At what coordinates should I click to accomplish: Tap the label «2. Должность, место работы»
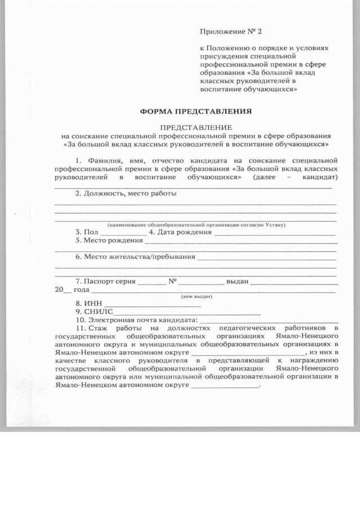126,194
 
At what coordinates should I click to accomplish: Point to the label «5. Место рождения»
109,240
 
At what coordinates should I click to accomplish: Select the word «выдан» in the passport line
237,281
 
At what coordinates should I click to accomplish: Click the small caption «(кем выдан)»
196,296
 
